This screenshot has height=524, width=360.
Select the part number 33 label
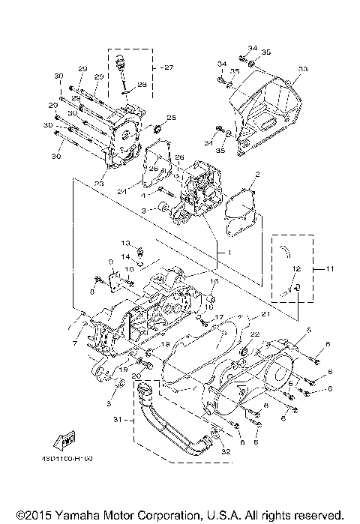click(303, 69)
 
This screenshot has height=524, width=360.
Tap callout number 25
click(171, 118)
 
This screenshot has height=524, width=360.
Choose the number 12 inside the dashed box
click(297, 268)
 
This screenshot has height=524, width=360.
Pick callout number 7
click(75, 343)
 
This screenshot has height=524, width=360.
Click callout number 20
click(137, 374)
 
